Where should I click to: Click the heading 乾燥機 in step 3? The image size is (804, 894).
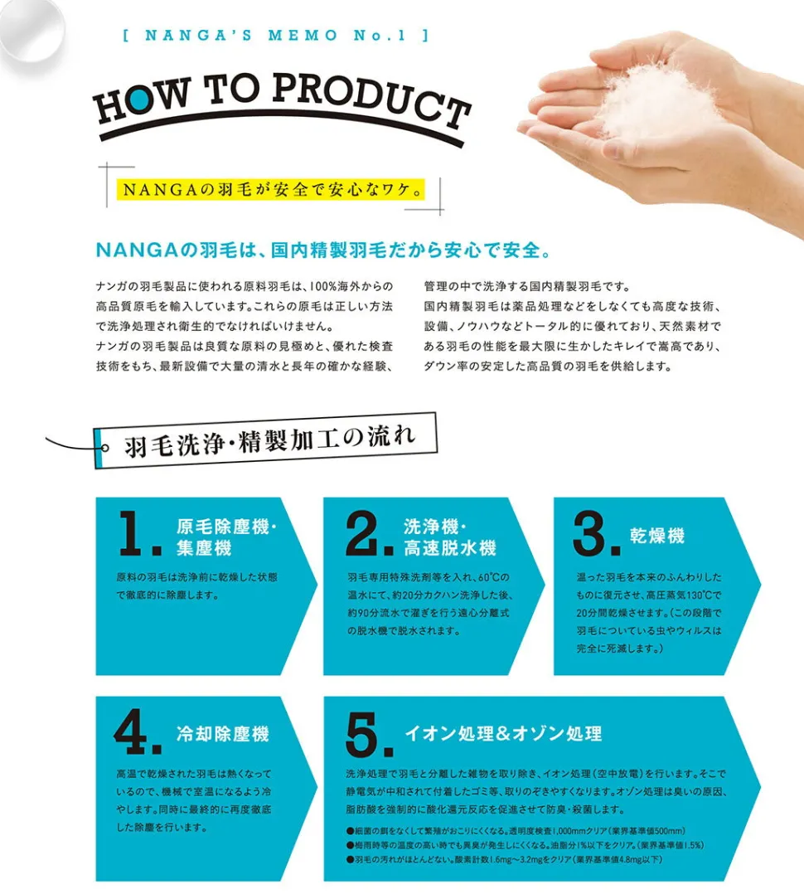[x=657, y=536]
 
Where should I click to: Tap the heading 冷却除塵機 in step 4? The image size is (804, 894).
[x=222, y=734]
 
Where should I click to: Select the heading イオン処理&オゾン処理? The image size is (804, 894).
[x=503, y=733]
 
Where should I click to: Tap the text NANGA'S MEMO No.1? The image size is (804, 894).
[x=276, y=36]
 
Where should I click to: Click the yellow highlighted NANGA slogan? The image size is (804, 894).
[x=271, y=189]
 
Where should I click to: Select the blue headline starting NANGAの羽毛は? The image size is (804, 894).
[x=323, y=250]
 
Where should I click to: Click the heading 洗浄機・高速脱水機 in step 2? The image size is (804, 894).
[x=449, y=537]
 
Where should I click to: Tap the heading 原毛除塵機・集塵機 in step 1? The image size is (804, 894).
[x=226, y=537]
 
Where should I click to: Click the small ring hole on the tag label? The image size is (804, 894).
[x=104, y=448]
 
